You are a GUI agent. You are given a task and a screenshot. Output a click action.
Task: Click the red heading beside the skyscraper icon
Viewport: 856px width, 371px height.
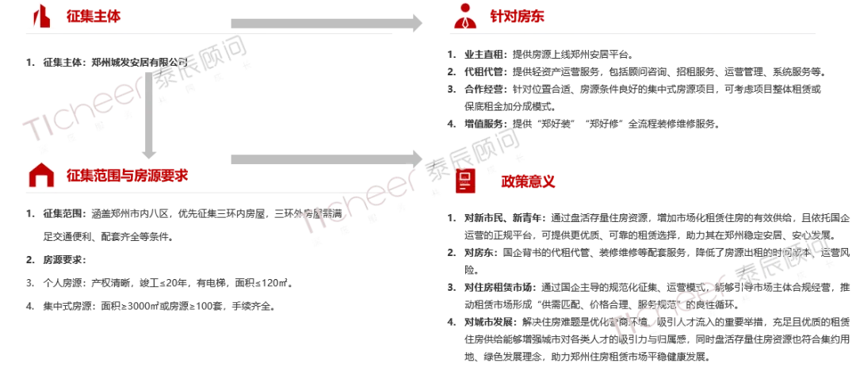pos(94,16)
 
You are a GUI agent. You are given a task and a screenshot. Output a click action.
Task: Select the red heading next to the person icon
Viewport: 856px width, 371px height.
pos(516,16)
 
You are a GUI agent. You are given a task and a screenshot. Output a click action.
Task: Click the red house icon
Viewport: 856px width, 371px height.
pos(41,175)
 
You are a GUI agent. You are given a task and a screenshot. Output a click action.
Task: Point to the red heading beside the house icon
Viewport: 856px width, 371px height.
pos(127,175)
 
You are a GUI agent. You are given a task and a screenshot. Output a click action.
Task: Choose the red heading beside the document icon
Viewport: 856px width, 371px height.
pos(528,182)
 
